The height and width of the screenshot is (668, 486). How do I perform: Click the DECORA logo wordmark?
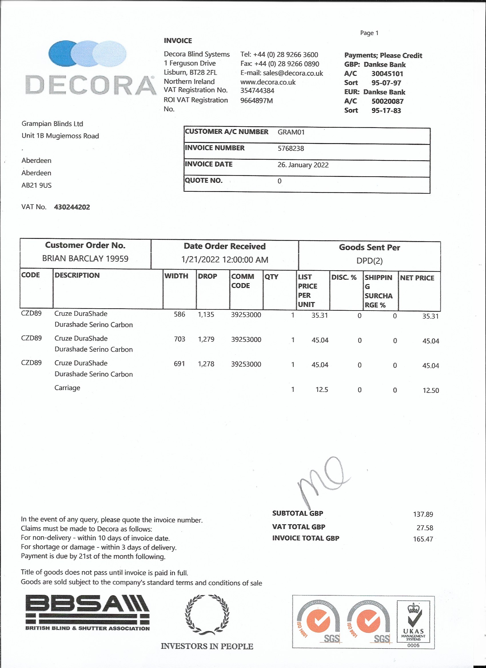[90, 85]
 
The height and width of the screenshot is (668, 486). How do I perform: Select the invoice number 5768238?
[290, 148]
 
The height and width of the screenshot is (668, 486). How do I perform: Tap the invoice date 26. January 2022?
[303, 165]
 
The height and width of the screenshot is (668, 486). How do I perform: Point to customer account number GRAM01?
[291, 132]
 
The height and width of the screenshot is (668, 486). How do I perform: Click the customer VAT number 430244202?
[72, 207]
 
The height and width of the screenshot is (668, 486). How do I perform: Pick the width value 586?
[179, 314]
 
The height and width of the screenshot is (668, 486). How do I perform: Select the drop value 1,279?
[206, 339]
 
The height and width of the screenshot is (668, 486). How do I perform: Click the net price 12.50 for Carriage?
[430, 390]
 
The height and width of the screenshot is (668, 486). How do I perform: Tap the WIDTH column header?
[176, 276]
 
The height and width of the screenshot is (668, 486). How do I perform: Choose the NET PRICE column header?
[417, 278]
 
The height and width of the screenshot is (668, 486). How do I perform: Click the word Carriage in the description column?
[67, 388]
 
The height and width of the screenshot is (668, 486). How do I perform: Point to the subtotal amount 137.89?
[423, 514]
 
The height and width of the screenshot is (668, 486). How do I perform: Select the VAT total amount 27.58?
[425, 527]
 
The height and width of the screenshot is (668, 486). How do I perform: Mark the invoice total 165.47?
[423, 539]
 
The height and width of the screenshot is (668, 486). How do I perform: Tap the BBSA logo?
[87, 612]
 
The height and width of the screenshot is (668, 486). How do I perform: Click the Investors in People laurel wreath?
[207, 615]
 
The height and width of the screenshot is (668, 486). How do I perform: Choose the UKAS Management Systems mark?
[413, 624]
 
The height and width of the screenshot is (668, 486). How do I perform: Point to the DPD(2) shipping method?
[369, 261]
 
